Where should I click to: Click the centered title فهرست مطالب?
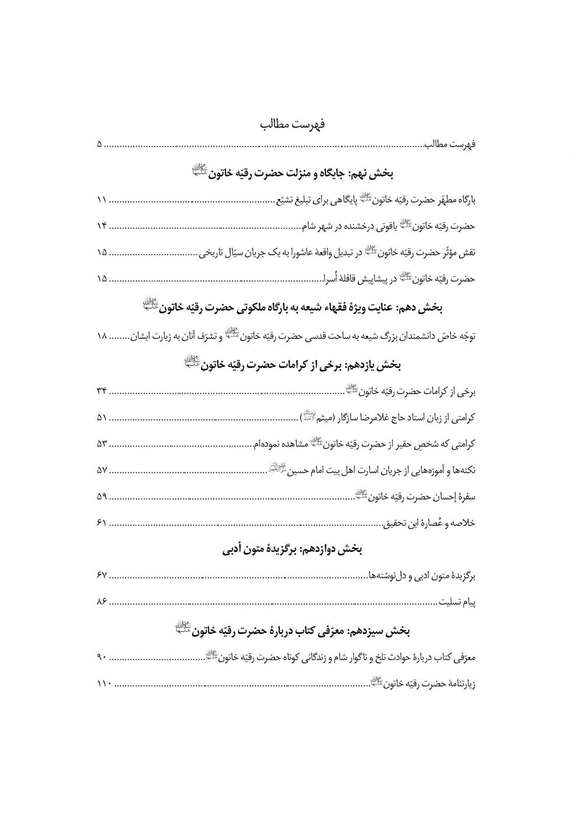293,124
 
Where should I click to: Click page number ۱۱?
101,201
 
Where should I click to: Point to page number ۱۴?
101,227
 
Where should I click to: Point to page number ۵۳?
101,445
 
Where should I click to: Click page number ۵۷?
101,471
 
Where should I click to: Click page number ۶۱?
101,523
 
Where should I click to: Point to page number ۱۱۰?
101,684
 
